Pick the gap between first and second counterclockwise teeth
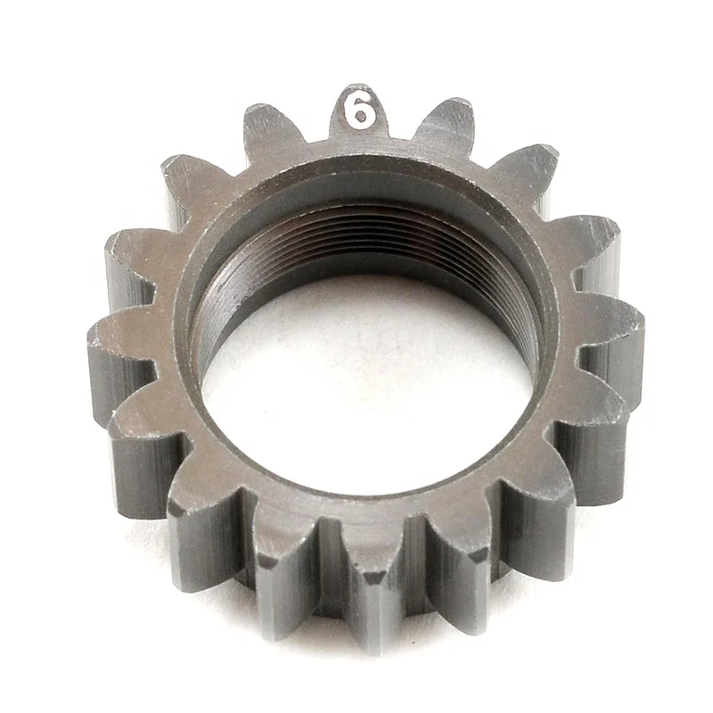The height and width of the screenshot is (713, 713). click(232, 165)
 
